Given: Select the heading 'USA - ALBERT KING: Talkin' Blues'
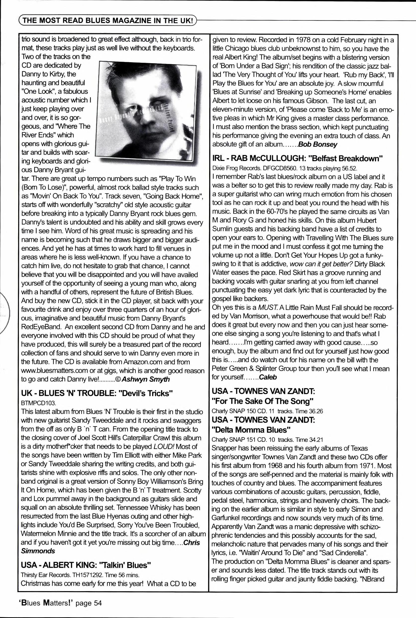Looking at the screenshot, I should tap(86, 565).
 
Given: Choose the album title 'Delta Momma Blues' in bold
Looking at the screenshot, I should tap(249, 429).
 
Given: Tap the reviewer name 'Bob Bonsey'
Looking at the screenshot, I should tap(318, 145).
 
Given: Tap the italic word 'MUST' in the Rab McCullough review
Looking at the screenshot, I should tap(268, 308).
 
